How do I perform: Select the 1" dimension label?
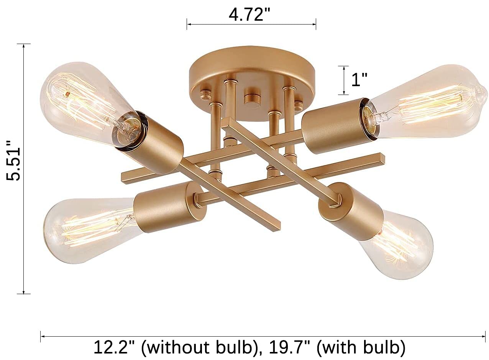[x=359, y=80]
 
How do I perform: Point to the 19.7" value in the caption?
[x=286, y=348]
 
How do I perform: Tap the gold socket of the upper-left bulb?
[x=153, y=142]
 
